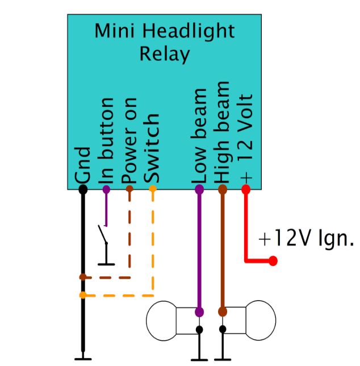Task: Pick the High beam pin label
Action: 223,132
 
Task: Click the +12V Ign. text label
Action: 306,239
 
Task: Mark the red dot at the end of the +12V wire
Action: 273,261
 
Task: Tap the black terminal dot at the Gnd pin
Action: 83,189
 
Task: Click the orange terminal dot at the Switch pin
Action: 153,189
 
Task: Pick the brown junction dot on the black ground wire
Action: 83,278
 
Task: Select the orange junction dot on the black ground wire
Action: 83,295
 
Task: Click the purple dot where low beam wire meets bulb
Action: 199,311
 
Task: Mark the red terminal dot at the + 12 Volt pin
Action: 246,189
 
